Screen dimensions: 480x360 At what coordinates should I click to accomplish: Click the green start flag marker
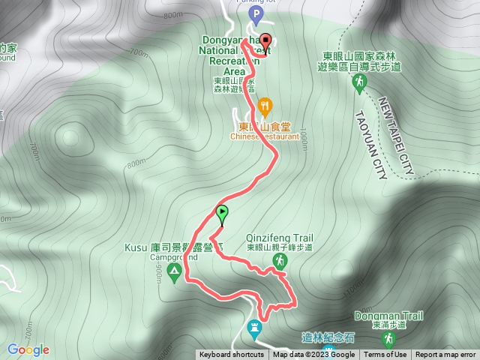[223, 214]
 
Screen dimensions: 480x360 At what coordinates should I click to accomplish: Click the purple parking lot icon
[257, 14]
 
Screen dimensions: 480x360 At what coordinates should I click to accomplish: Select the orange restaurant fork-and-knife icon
[263, 105]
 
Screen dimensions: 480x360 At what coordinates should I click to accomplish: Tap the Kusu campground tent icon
[175, 270]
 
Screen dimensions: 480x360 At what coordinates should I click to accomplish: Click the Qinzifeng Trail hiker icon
[279, 260]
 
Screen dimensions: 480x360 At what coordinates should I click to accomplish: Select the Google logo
[28, 349]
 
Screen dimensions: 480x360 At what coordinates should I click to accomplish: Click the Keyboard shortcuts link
[232, 355]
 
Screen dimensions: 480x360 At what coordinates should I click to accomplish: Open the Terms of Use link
[385, 355]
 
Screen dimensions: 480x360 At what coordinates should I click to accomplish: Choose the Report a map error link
[446, 355]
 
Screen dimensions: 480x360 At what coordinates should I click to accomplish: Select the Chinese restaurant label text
[266, 136]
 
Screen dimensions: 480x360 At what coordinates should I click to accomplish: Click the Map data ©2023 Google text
[313, 355]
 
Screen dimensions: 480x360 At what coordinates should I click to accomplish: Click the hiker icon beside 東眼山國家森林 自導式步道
[359, 80]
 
